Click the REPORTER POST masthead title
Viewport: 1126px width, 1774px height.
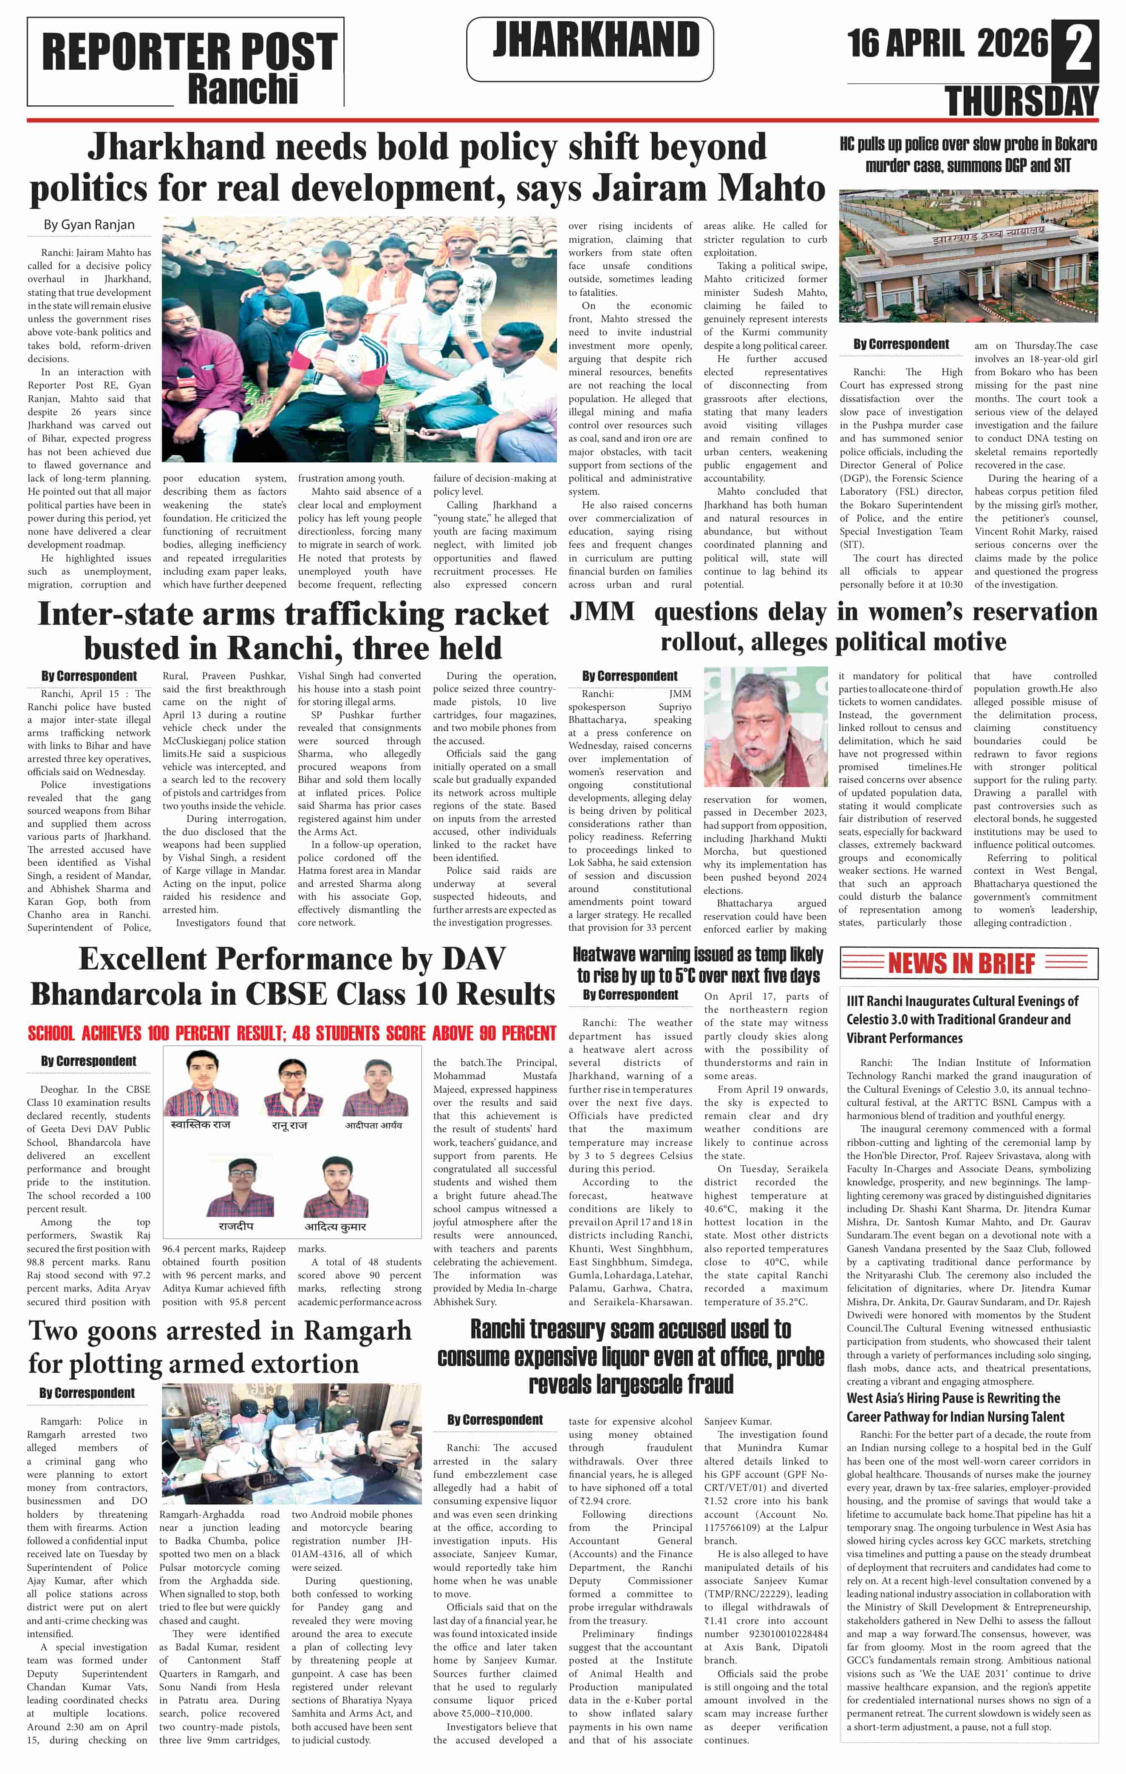coord(189,51)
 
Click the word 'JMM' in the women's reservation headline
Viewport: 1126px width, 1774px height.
coord(602,612)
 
